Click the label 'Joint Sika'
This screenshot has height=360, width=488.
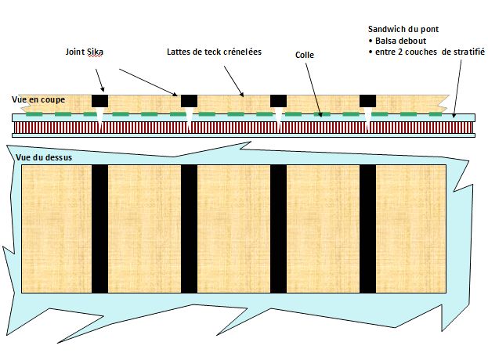pyautogui.click(x=84, y=52)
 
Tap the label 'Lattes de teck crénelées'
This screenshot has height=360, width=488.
pyautogui.click(x=214, y=52)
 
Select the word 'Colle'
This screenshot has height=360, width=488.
pyautogui.click(x=305, y=55)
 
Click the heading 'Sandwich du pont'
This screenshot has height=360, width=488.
pyautogui.click(x=403, y=29)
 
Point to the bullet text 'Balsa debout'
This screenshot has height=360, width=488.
pyautogui.click(x=400, y=41)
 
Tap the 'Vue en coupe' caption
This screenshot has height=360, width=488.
pyautogui.click(x=38, y=99)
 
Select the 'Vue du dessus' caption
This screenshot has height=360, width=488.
pyautogui.click(x=44, y=157)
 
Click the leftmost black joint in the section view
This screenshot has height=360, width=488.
pyautogui.click(x=100, y=101)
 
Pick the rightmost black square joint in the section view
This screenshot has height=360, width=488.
pyautogui.click(x=368, y=101)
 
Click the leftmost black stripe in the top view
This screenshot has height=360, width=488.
pyautogui.click(x=100, y=229)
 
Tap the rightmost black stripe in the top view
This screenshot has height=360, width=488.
pyautogui.click(x=368, y=229)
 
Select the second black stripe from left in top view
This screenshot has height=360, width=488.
pyautogui.click(x=190, y=229)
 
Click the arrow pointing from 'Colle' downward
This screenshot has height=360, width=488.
pyautogui.click(x=313, y=90)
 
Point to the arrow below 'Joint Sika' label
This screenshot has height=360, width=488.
pyautogui.click(x=100, y=80)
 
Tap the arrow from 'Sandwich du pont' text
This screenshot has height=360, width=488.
pyautogui.click(x=457, y=88)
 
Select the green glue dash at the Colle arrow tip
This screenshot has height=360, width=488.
pyautogui.click(x=322, y=114)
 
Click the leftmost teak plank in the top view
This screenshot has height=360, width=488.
pyautogui.click(x=56, y=229)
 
